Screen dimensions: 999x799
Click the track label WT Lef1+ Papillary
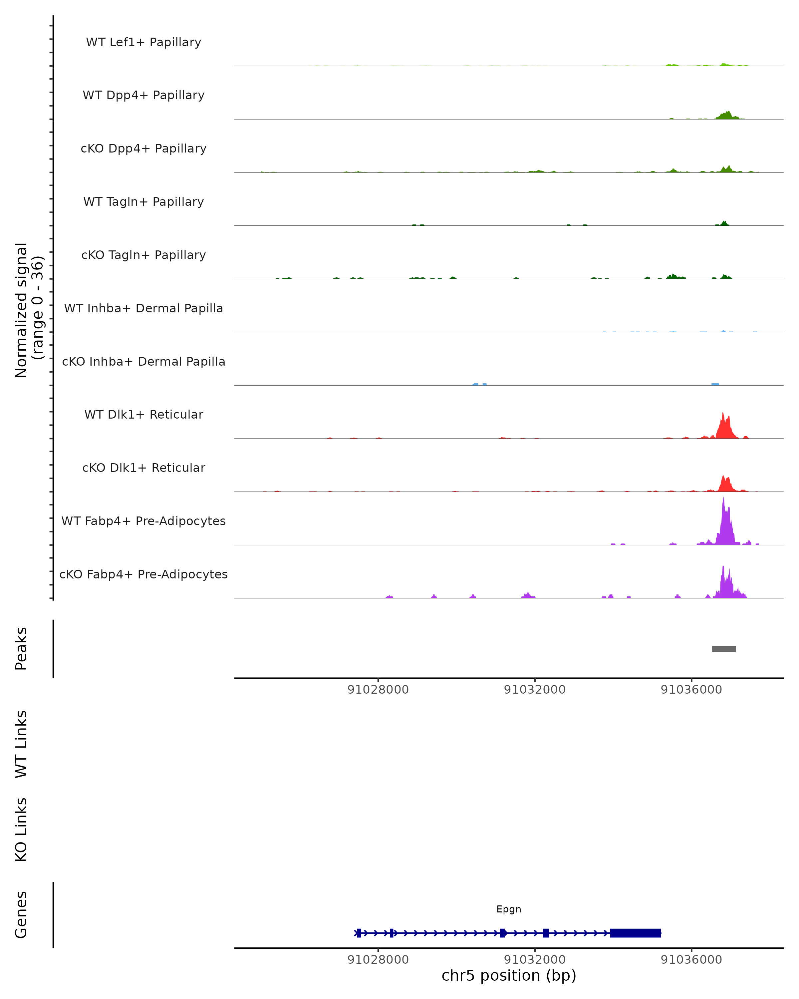(143, 42)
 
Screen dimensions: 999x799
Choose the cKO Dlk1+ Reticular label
(143, 468)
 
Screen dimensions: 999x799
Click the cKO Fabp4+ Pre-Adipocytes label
(143, 574)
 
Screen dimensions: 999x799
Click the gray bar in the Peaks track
(723, 649)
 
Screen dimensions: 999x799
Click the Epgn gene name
(509, 909)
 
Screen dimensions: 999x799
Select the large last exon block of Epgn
(635, 933)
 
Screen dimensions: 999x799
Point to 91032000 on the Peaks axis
(535, 690)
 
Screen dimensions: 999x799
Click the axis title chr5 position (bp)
(509, 975)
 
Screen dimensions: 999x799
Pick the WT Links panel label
(21, 744)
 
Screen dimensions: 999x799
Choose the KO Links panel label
(21, 830)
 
